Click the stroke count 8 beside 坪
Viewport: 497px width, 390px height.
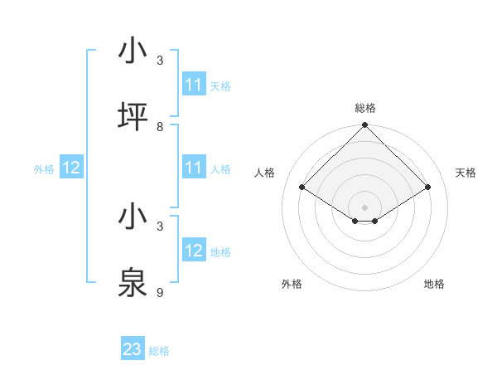pos(160,126)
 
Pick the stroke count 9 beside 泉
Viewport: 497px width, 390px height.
pos(160,292)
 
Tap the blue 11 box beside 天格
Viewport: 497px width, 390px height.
pos(194,85)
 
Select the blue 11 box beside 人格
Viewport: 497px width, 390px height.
pos(194,168)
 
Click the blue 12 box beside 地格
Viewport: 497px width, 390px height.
pos(194,251)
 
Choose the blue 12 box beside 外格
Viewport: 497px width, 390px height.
pos(71,168)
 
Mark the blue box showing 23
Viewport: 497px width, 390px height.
pos(133,349)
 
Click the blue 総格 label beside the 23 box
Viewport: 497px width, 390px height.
pos(159,351)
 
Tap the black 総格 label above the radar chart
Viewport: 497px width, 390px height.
pos(364,108)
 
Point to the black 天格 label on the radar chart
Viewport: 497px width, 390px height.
pos(466,173)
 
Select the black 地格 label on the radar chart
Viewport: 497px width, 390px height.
pos(434,284)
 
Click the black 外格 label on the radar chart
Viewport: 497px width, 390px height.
pos(292,284)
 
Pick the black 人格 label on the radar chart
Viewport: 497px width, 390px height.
pos(264,173)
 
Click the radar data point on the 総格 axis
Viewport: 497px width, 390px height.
pos(364,126)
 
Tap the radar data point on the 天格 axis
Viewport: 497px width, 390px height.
pos(428,188)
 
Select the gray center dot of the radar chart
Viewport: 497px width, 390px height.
pos(364,207)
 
